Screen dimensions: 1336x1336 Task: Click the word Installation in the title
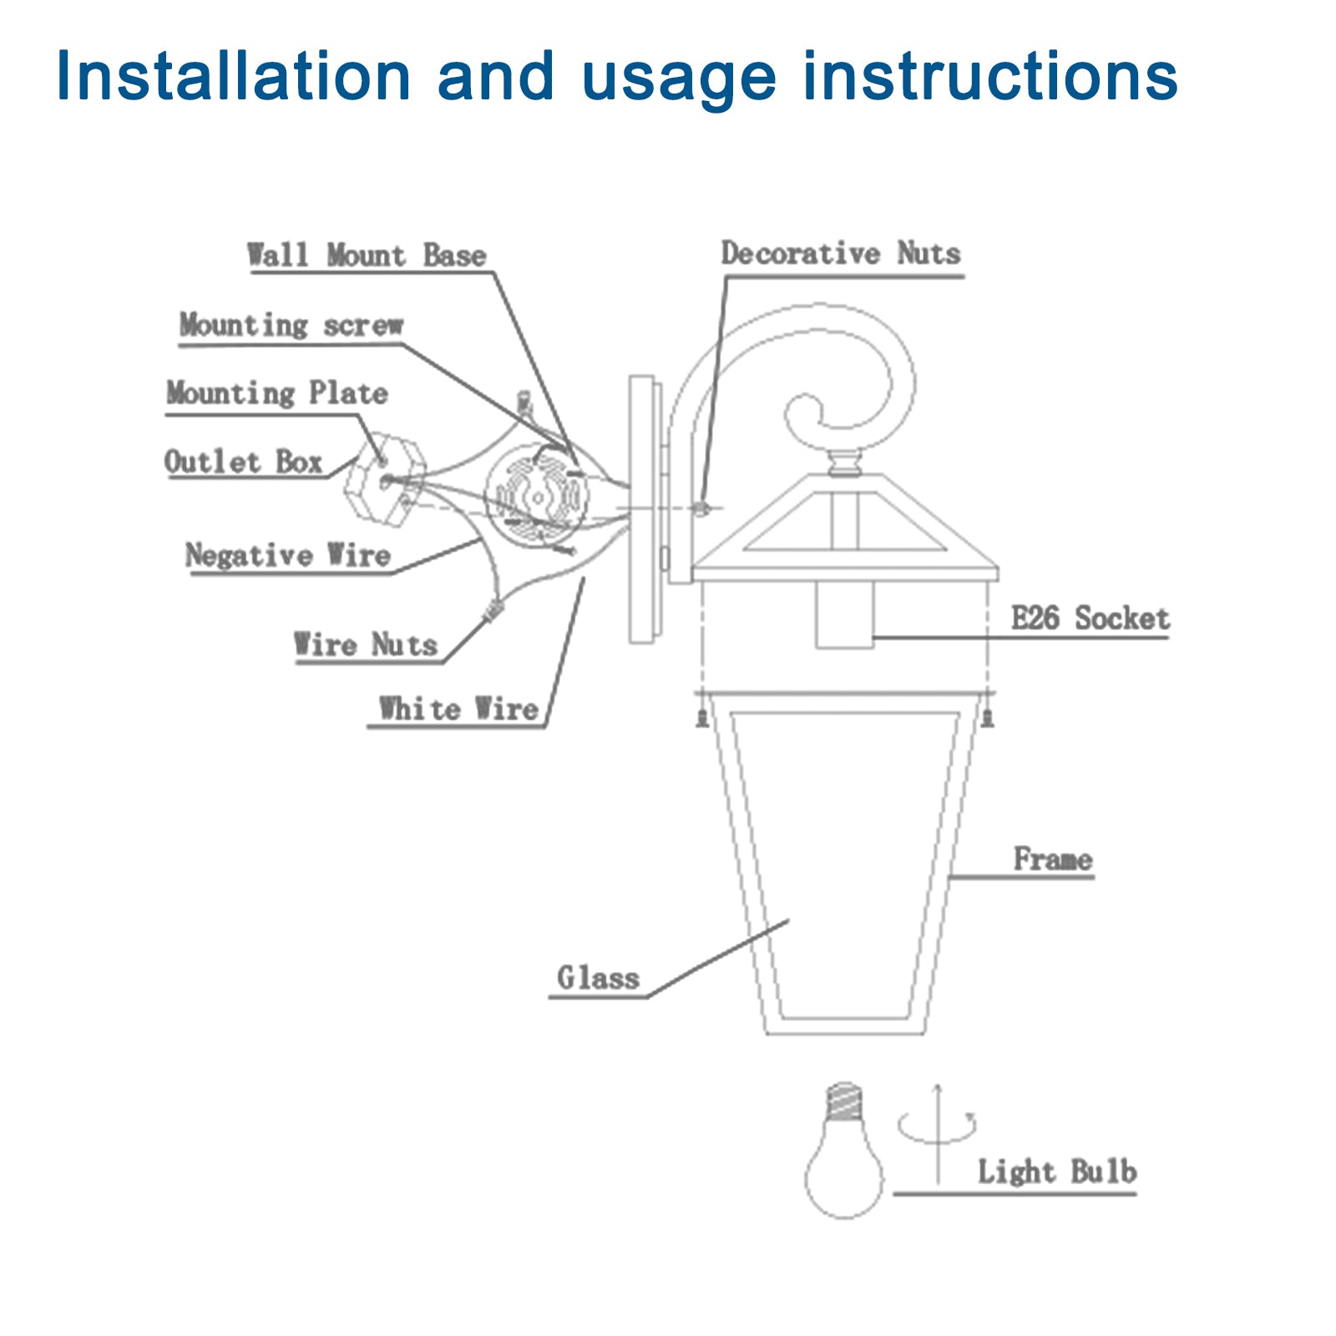233,77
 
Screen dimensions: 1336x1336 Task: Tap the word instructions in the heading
989,77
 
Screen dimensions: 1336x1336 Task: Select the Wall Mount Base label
366,256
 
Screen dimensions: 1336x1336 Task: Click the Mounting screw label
291,325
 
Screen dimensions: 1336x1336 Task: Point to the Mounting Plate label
276,392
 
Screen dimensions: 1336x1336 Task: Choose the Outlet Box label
242,462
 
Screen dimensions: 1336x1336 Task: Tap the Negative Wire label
287,555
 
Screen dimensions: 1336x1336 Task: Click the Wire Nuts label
365,645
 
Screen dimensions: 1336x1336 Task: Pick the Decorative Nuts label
840,254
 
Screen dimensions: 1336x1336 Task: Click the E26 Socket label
1089,619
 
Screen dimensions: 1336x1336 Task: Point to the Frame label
1052,859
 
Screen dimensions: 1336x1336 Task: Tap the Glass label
597,978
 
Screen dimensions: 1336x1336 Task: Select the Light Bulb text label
1056,1172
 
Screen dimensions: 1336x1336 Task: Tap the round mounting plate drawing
538,498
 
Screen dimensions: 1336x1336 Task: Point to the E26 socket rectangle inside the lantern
844,615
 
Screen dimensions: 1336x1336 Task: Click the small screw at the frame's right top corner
988,717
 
